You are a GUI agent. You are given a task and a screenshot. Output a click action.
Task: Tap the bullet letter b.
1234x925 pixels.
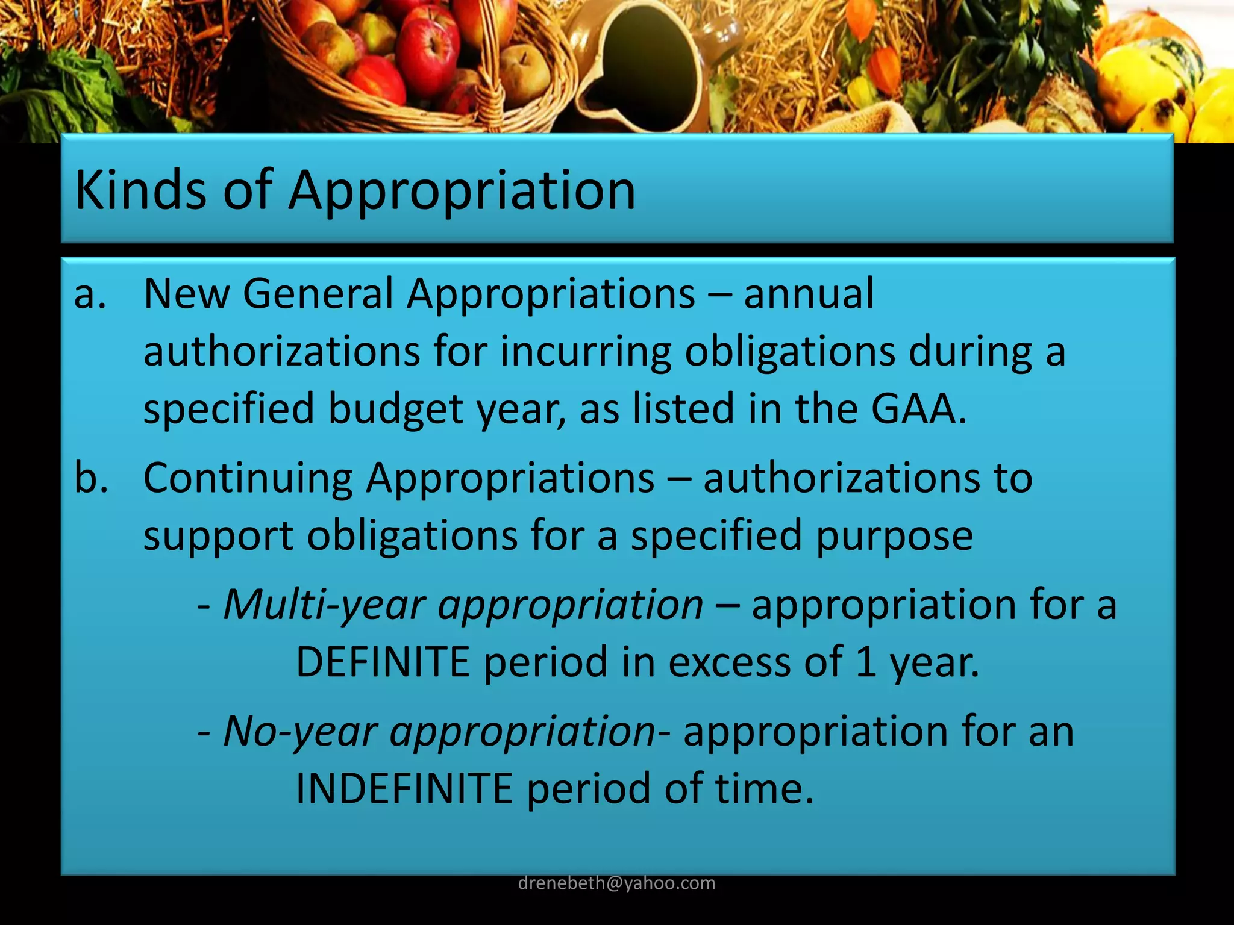[91, 478]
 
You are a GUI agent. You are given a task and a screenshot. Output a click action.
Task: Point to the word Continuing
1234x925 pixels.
[248, 478]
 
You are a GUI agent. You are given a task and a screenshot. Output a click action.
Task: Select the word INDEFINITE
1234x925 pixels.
[404, 789]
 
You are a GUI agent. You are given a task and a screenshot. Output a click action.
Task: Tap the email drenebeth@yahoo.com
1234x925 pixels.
[616, 883]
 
